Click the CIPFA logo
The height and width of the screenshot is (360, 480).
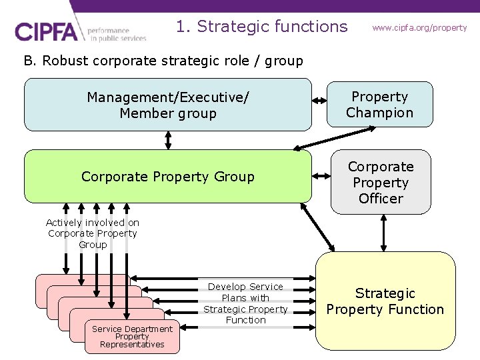point(49,32)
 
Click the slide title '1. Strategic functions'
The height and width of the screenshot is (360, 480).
point(261,27)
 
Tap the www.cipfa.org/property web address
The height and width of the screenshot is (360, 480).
point(419,28)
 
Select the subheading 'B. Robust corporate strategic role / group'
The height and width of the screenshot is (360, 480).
point(163,61)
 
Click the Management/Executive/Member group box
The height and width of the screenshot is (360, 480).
point(168,105)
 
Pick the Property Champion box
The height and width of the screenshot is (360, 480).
point(380,105)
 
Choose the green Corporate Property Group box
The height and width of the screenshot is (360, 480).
point(168,177)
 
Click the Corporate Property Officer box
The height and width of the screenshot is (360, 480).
point(381,182)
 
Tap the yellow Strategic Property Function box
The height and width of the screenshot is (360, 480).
point(385,301)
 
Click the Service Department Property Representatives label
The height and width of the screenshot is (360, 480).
point(132,337)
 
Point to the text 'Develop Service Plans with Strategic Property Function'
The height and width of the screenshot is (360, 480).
point(245,303)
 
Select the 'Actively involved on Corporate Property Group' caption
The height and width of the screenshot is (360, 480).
point(93,233)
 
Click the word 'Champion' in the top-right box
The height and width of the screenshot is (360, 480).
point(380,113)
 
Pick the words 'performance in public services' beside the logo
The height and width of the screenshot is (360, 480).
point(117,35)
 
